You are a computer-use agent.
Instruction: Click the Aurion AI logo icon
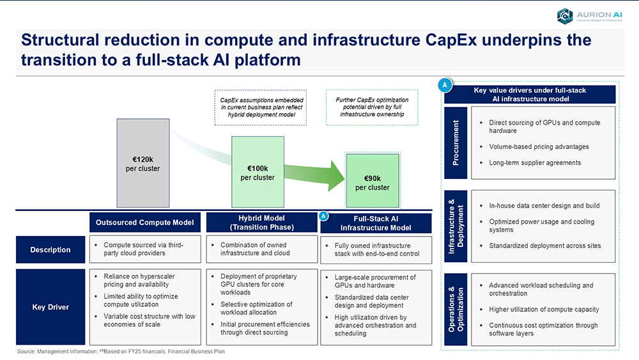click(565, 17)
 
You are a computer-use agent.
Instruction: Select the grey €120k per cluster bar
click(143, 163)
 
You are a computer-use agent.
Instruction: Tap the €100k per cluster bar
click(258, 172)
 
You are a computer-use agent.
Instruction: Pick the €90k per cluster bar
click(373, 181)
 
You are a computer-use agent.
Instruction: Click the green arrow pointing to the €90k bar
click(314, 175)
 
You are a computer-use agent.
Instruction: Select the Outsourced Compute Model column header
click(144, 222)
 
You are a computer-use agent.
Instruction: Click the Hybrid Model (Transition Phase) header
click(261, 223)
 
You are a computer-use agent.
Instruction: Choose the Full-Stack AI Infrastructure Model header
click(376, 223)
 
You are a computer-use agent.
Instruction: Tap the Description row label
click(50, 249)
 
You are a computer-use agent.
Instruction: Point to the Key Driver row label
click(50, 307)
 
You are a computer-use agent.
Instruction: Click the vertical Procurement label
click(456, 143)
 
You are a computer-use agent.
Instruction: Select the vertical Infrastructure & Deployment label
click(456, 226)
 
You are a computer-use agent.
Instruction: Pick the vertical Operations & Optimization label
click(456, 309)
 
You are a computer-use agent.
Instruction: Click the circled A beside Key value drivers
click(445, 85)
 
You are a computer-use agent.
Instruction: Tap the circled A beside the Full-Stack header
click(323, 216)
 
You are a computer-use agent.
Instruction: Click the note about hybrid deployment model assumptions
click(261, 107)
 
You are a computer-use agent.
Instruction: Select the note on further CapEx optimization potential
click(372, 107)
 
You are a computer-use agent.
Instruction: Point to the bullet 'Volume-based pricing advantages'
click(539, 147)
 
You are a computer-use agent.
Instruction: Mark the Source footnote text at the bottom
click(121, 352)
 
